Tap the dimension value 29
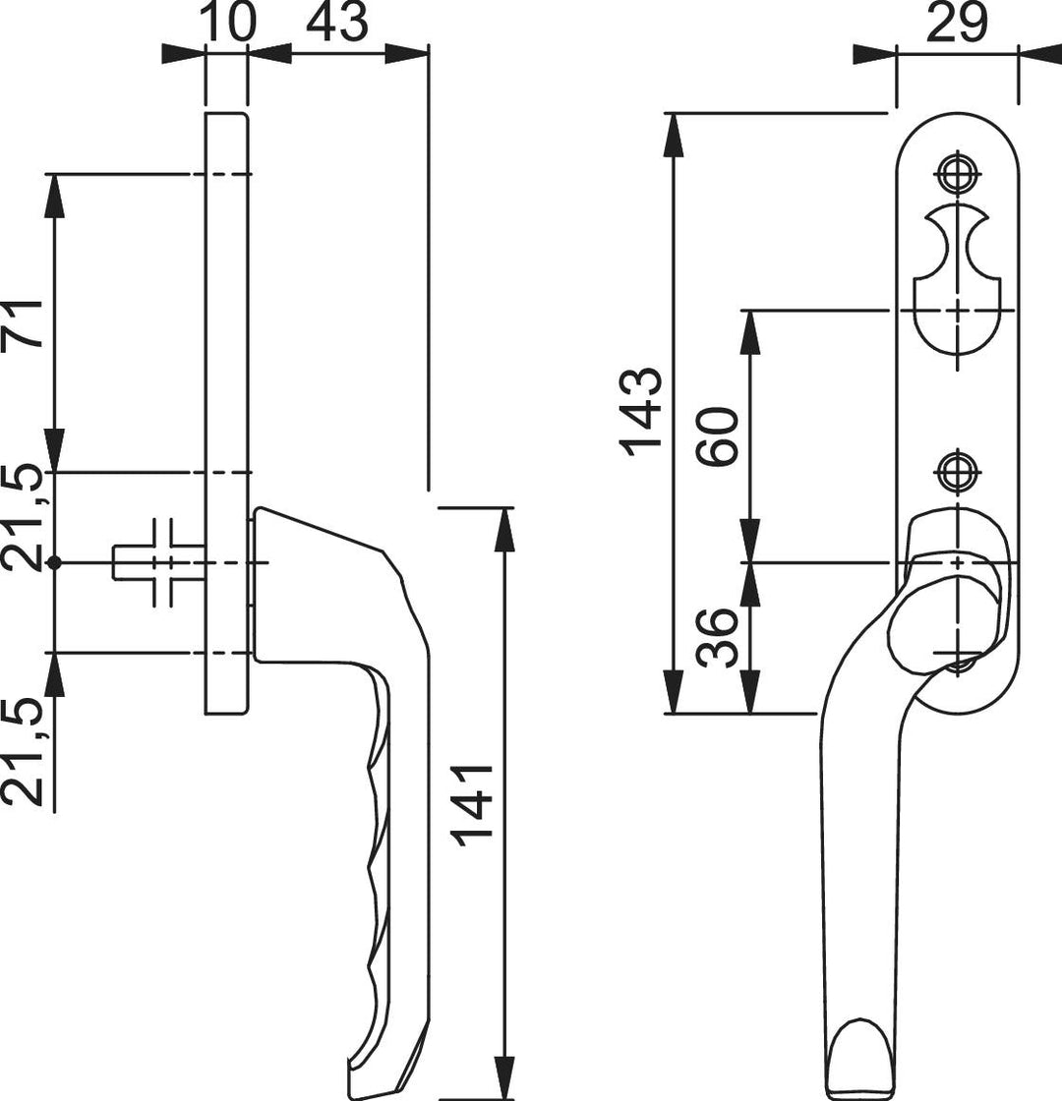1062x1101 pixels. tap(957, 23)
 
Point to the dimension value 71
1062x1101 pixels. tap(23, 323)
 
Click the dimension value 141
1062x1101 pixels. tap(473, 805)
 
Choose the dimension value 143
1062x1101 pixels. tap(640, 412)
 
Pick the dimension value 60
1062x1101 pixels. tap(717, 435)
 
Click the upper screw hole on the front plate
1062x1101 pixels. tap(957, 173)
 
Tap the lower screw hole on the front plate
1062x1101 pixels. tap(957, 471)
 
